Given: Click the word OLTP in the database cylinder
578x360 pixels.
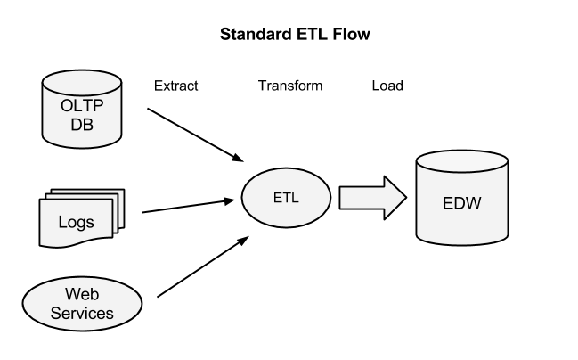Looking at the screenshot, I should (x=82, y=105).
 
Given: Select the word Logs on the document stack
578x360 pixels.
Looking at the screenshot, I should (x=76, y=222).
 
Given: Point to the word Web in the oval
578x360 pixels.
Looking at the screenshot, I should (x=82, y=295).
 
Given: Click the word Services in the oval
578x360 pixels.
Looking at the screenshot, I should (x=82, y=313).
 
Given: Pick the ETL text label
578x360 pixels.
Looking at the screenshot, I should (x=286, y=197).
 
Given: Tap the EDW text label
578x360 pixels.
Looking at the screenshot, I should (x=461, y=202).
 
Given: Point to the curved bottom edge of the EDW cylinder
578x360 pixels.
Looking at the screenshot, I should (x=461, y=241).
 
